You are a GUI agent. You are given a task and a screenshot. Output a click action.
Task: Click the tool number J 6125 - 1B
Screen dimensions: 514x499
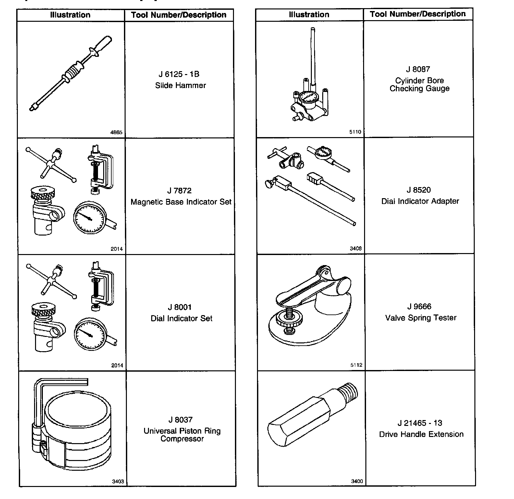(179, 74)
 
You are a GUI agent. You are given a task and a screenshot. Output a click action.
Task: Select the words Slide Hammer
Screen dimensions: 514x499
(180, 85)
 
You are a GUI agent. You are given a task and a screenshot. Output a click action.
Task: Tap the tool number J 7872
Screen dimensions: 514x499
(179, 191)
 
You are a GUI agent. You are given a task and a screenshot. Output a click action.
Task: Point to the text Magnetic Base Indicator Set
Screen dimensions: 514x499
(181, 202)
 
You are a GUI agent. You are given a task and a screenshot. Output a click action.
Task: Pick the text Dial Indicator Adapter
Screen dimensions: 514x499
(420, 201)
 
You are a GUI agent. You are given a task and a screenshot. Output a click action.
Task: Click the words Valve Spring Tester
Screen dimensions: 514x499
(421, 318)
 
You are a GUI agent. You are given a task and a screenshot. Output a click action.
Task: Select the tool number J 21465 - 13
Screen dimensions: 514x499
(420, 423)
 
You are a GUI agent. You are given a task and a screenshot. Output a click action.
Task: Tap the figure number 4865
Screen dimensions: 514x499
(116, 132)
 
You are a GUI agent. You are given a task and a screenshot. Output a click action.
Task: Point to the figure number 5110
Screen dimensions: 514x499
(355, 132)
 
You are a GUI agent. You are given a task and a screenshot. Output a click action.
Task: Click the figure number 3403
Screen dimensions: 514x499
(118, 481)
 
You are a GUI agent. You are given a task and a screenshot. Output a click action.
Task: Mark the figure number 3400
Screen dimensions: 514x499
(357, 481)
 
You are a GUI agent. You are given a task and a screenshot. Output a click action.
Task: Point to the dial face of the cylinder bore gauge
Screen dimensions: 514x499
(307, 97)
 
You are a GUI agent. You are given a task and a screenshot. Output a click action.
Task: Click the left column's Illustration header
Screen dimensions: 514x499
(70, 15)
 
